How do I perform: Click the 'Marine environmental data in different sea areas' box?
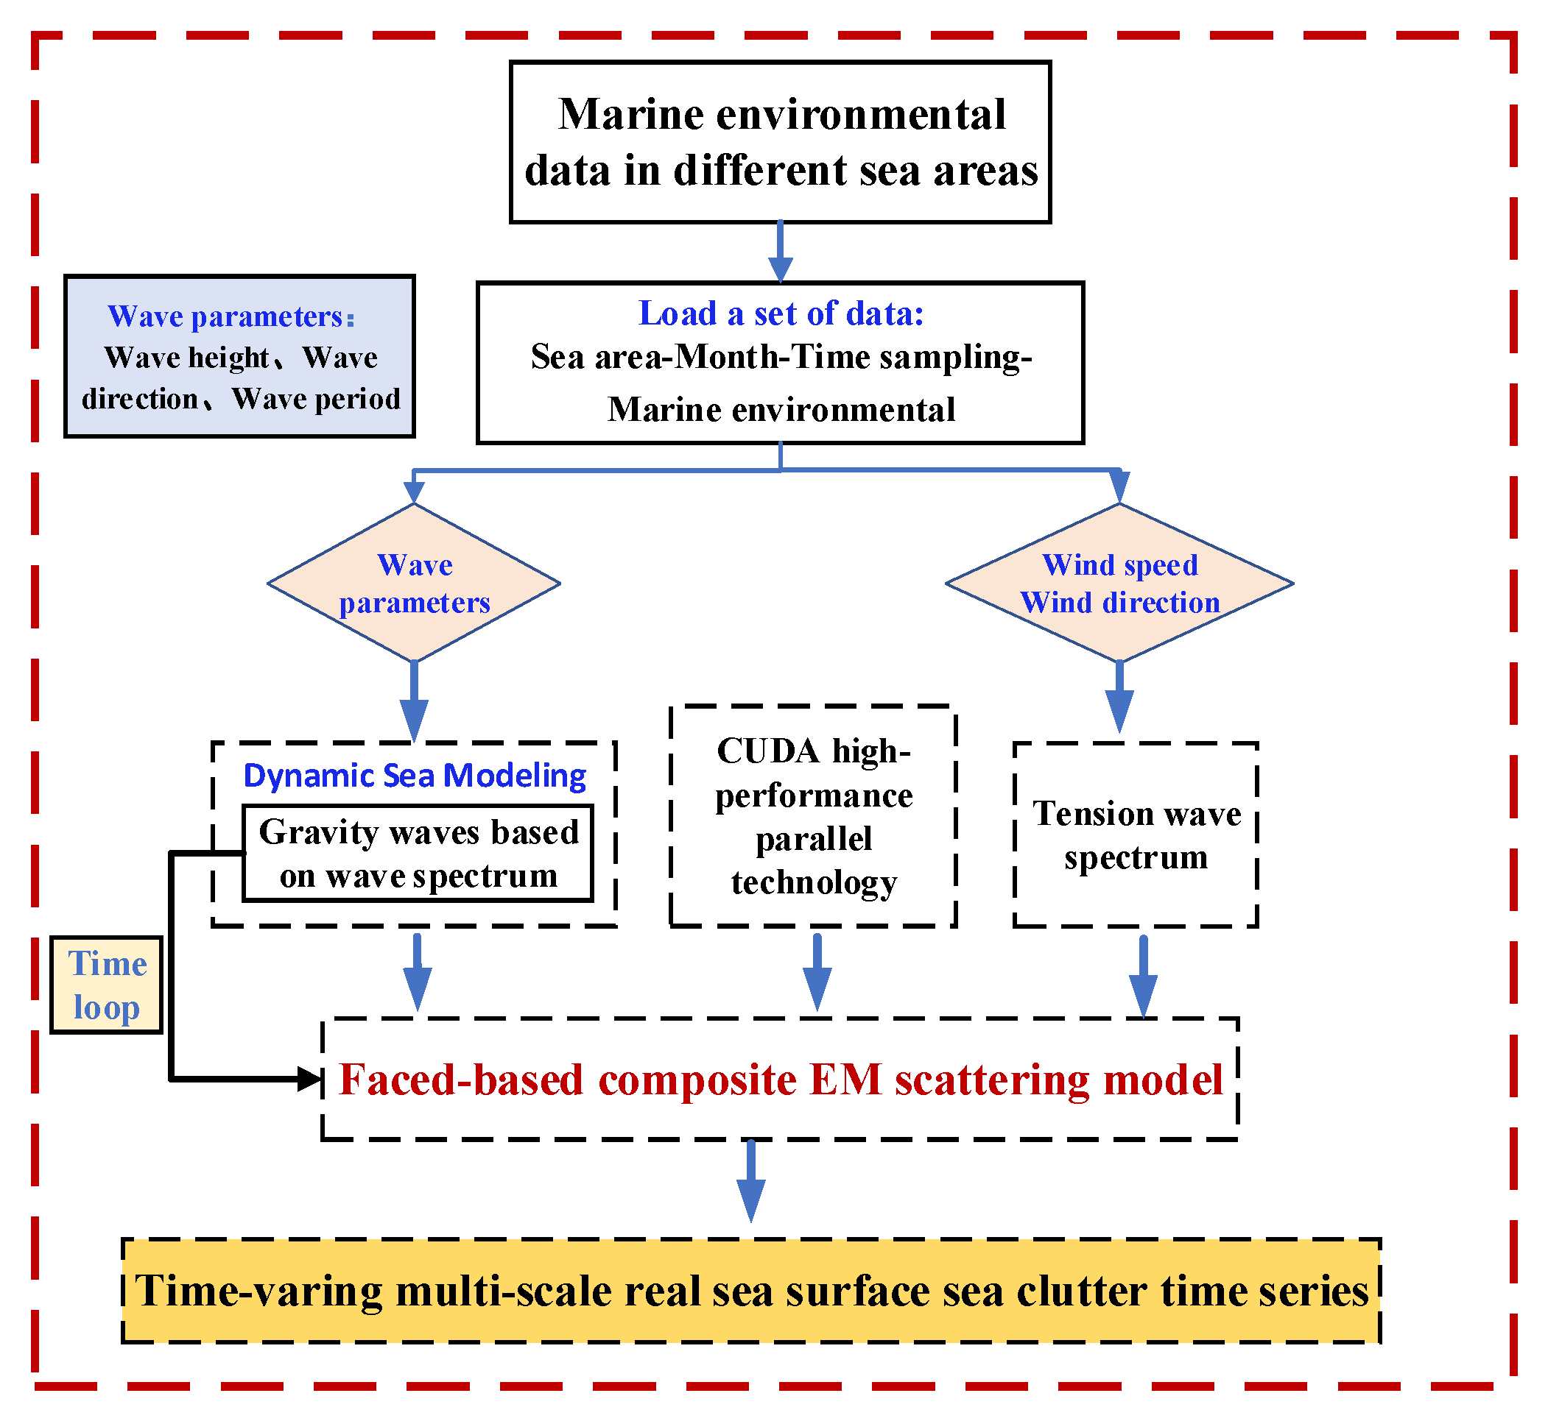coord(779,142)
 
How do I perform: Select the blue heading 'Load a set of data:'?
coord(780,313)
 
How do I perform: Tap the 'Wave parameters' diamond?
coord(414,584)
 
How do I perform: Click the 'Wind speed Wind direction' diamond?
coord(1119,584)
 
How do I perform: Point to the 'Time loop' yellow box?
coord(106,985)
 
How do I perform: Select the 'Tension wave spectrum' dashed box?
coord(1136,835)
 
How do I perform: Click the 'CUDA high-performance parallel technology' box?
coord(813,817)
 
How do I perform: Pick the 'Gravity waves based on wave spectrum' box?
coord(418,854)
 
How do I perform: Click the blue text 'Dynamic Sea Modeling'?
coord(415,776)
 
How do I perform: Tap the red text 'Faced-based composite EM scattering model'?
coord(780,1080)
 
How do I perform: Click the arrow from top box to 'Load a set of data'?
coord(780,254)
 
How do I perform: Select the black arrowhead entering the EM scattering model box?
coord(309,1079)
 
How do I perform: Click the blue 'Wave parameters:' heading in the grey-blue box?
coord(231,316)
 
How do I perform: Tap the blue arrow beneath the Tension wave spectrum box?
coord(1143,977)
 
